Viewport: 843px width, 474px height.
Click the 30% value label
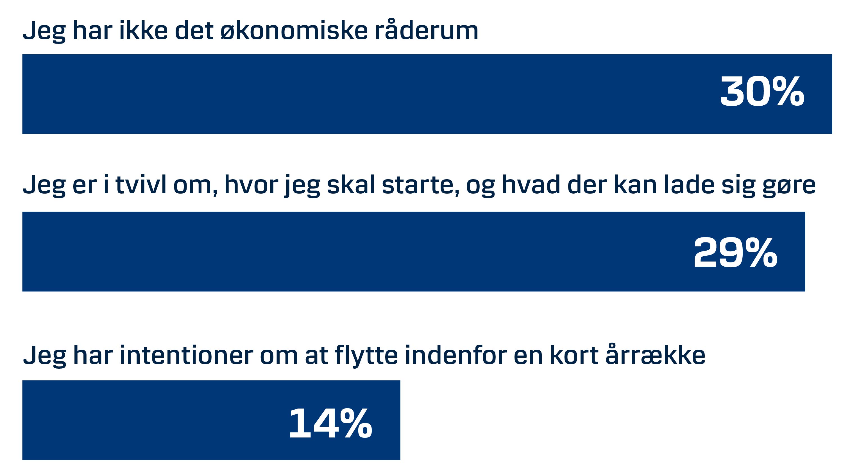762,91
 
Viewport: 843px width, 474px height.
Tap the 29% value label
735,253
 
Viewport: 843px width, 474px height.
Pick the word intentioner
187,355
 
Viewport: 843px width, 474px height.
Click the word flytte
366,356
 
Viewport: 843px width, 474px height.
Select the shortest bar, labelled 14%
211,420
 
